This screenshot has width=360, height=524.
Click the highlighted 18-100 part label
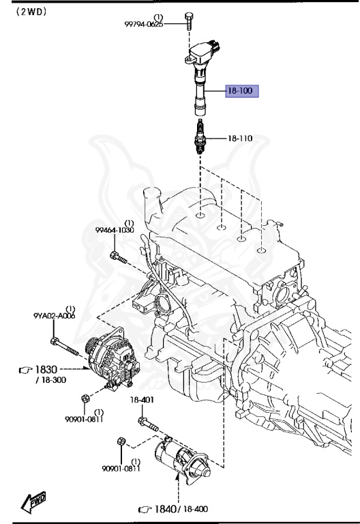(241, 91)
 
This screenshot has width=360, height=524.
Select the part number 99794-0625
(144, 25)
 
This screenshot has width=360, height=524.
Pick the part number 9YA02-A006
(55, 316)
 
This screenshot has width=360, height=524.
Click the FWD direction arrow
(33, 504)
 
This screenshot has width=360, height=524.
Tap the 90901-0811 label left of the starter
(121, 468)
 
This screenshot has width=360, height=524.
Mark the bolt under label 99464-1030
(117, 259)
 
